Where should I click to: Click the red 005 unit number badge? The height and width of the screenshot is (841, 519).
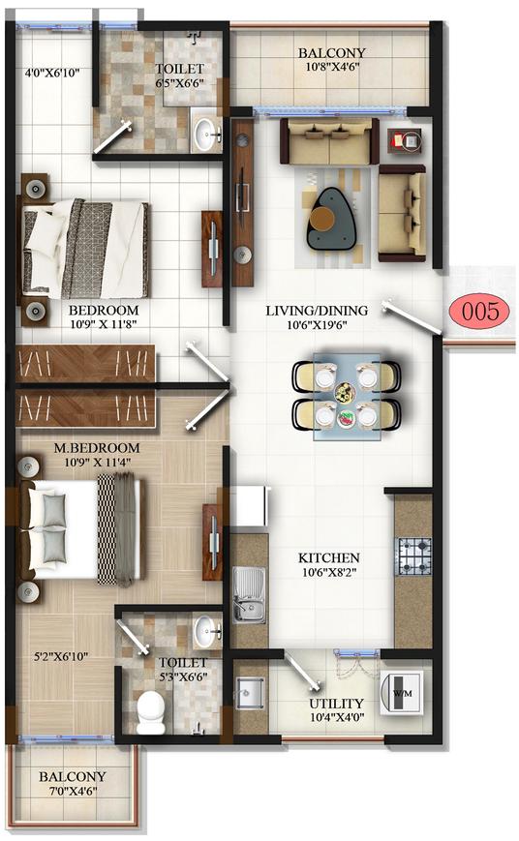(x=480, y=312)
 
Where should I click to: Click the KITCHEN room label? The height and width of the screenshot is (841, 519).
(x=328, y=558)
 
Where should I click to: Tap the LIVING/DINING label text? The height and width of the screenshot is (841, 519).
(x=318, y=311)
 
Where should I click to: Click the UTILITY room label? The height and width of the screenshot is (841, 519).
(x=336, y=704)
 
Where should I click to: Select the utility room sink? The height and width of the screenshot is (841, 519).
(x=250, y=692)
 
